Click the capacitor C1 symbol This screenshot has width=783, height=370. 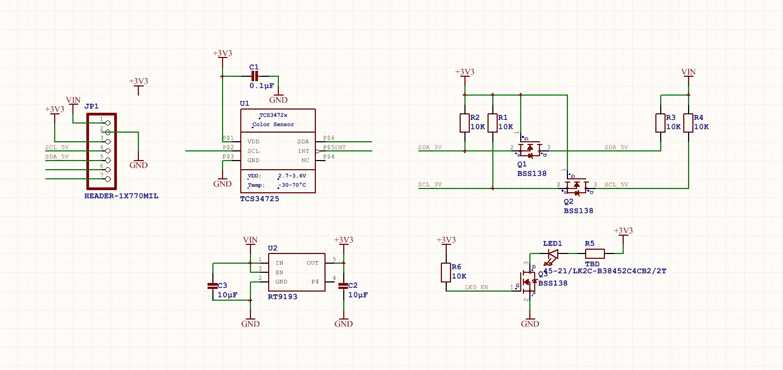254,76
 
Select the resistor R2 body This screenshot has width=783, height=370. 464,123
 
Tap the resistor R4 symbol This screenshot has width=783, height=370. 688,123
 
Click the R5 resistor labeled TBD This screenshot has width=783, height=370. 594,253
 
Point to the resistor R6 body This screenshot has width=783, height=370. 446,272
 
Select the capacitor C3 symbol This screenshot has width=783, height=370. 213,286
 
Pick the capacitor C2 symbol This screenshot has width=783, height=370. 343,286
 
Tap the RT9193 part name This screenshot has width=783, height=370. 282,296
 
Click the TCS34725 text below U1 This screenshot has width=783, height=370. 260,199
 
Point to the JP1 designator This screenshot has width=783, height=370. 92,106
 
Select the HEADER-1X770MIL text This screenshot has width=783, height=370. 121,196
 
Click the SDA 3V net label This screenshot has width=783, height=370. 430,147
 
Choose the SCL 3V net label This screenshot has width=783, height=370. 430,185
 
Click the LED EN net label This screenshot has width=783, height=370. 476,287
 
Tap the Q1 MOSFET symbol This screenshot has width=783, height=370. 530,150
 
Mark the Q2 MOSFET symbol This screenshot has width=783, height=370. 577,187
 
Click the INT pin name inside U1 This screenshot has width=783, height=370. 304,151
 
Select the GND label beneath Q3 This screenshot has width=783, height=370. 530,324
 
